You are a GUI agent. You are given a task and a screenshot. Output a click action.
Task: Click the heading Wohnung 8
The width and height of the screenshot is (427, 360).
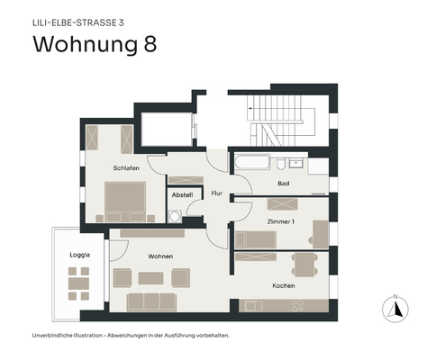tap(95, 44)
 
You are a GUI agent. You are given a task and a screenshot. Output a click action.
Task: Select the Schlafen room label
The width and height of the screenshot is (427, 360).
tap(125, 167)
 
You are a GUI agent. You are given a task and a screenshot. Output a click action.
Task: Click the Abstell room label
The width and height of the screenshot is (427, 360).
tap(182, 194)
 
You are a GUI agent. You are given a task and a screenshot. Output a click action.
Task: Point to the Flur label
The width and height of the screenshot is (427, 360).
tap(216, 193)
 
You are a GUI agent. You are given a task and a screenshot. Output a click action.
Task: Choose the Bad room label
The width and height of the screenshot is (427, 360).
tap(284, 184)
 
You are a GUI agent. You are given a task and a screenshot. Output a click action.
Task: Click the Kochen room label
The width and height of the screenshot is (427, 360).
tap(284, 285)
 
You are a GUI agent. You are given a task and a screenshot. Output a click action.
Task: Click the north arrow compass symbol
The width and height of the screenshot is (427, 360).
tap(393, 308)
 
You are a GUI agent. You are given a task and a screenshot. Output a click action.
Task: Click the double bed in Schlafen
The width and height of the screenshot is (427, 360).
tap(126, 200)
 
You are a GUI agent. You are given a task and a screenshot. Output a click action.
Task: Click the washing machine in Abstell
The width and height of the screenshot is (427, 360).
tap(175, 215)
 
